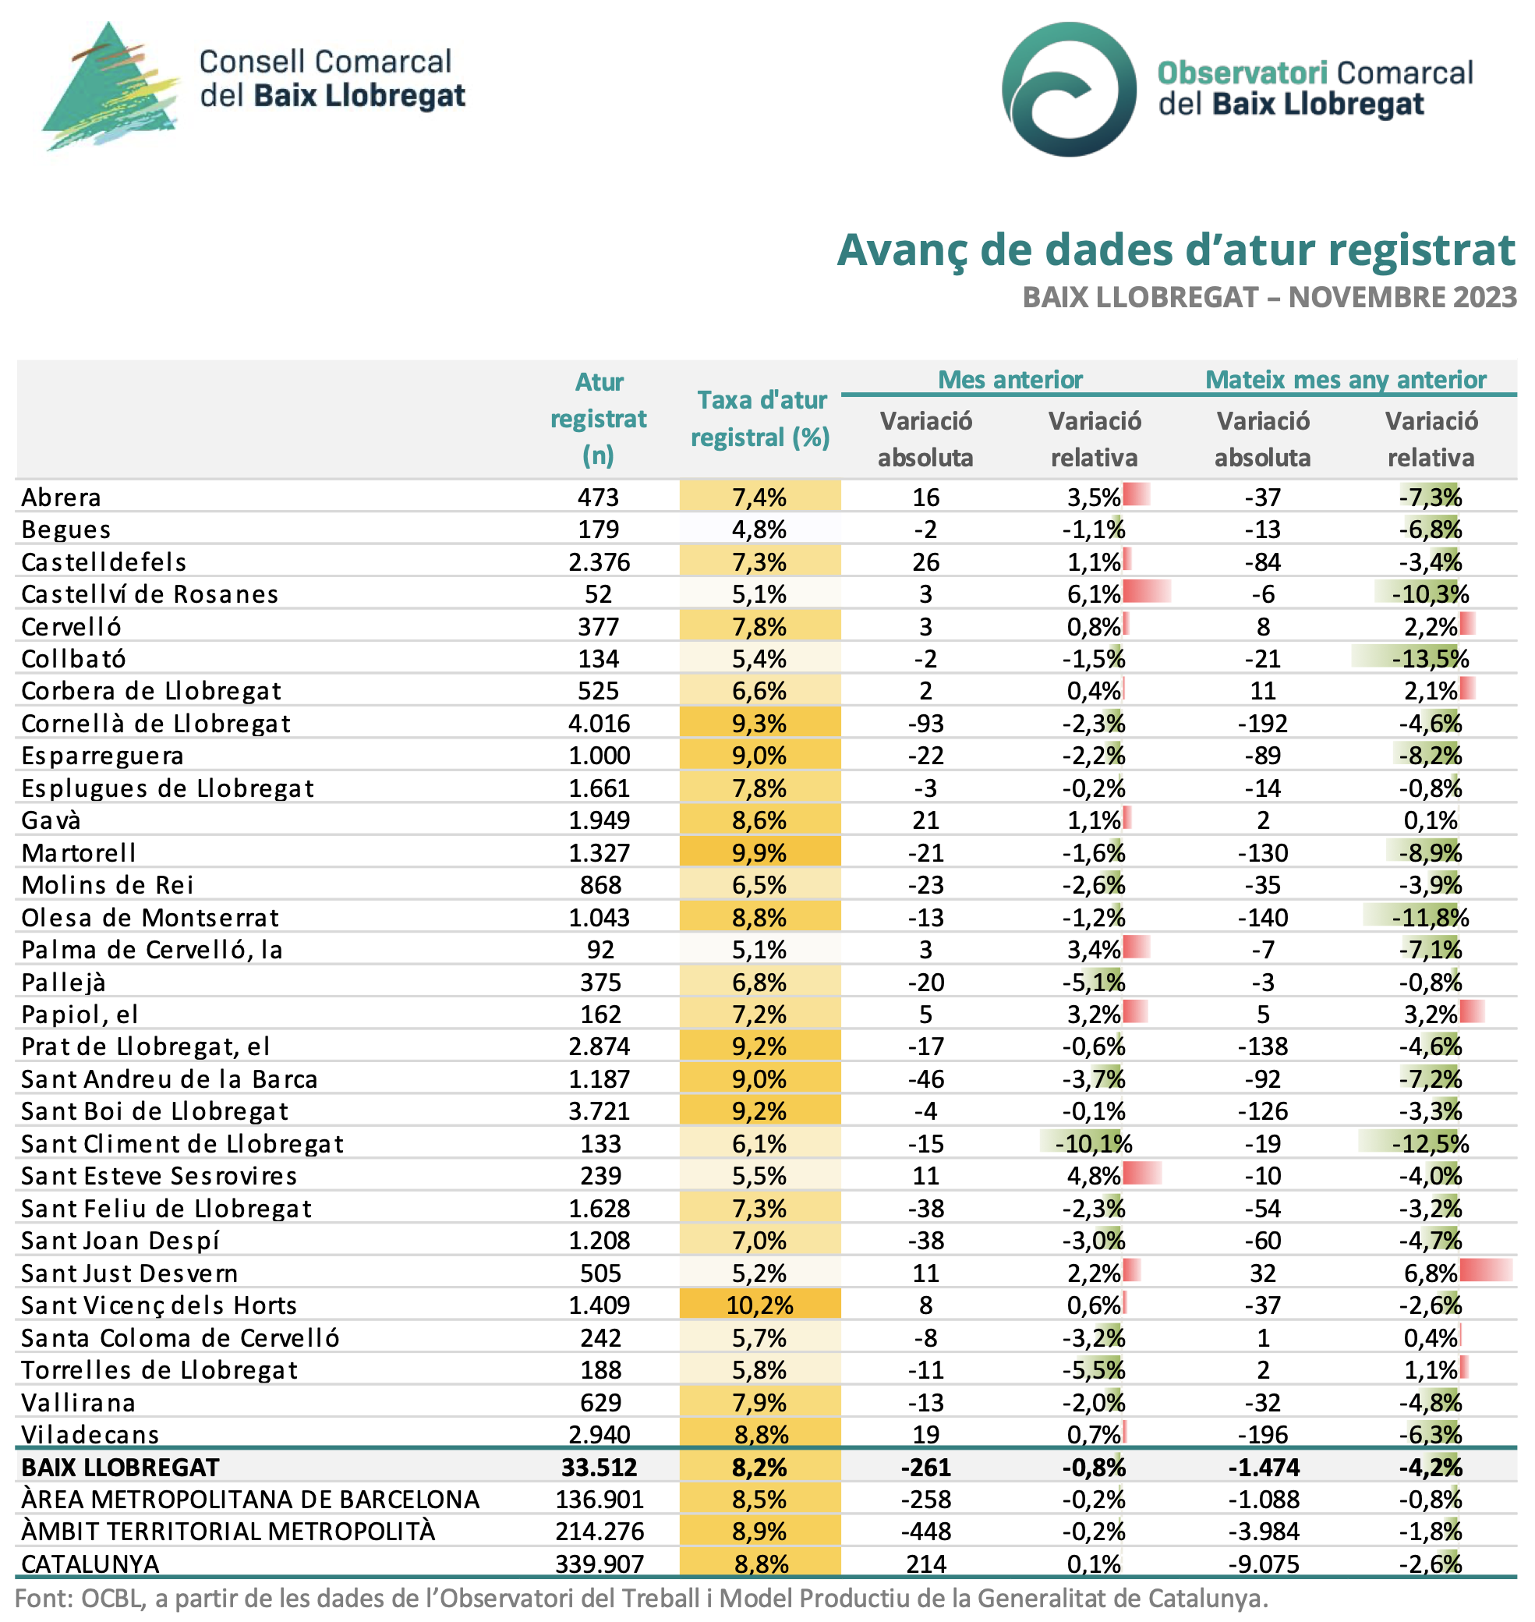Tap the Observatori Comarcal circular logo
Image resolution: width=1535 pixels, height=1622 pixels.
1069,88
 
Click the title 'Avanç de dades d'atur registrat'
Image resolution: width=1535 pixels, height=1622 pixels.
1175,250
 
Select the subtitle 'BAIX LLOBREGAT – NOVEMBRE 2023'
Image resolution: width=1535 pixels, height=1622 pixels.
1269,297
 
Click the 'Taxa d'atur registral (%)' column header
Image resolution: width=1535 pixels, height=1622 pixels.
760,418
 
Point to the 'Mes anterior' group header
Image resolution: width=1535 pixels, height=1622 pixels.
1010,380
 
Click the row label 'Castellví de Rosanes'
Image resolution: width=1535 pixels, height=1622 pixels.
150,594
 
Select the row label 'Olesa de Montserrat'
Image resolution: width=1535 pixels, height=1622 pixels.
150,917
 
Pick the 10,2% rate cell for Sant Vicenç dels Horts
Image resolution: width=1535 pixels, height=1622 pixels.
760,1305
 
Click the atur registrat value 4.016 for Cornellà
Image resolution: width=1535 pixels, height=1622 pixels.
599,724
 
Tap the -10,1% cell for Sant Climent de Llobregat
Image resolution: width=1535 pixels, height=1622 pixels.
1093,1143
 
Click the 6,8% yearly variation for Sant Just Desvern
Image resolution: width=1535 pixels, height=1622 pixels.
1431,1273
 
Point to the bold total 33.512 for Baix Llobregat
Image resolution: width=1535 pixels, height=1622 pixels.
599,1468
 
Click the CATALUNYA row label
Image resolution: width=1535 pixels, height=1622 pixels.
90,1564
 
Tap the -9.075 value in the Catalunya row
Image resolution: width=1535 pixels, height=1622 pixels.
1262,1564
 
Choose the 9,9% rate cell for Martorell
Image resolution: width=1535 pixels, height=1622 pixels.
760,853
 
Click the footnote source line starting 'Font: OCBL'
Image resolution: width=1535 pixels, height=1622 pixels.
642,1599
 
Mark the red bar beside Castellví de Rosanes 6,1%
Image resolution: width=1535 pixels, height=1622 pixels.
1148,591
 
